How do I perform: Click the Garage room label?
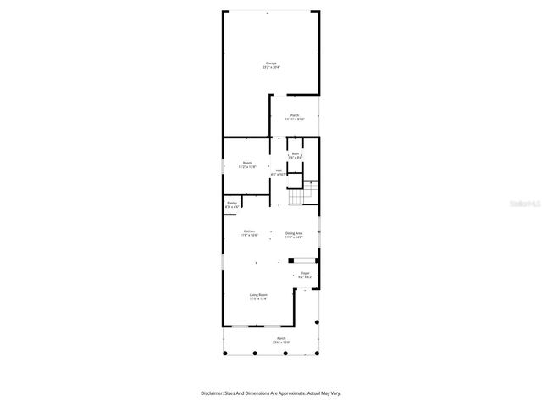tap(271, 63)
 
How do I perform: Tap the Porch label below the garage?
tap(295, 115)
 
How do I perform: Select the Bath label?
tap(296, 153)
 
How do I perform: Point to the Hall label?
tap(279, 170)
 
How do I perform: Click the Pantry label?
tap(232, 203)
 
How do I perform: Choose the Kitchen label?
tap(249, 231)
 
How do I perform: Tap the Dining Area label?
tap(294, 233)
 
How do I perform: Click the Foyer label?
tap(306, 273)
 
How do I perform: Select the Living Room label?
tap(257, 295)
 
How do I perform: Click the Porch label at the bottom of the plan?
tap(280, 338)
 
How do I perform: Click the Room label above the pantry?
tap(247, 163)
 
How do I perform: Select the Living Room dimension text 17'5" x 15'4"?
tap(257, 299)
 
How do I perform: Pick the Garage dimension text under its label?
tap(271, 67)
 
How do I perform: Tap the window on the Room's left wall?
tap(223, 166)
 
